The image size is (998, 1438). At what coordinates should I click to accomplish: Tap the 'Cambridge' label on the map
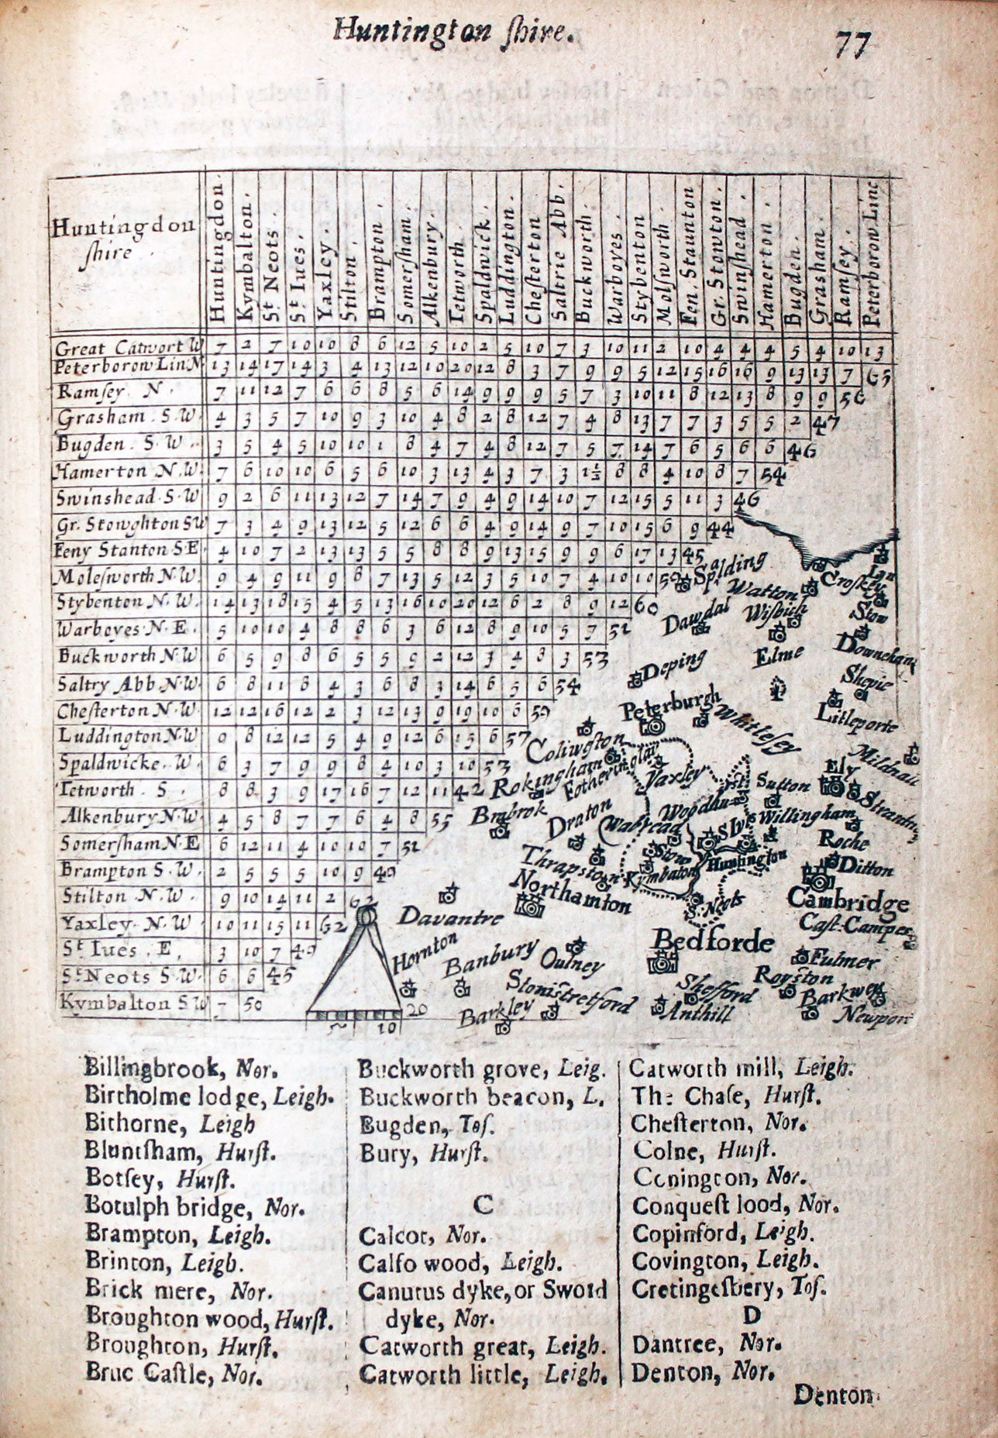coord(848,901)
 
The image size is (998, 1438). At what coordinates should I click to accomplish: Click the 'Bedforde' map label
coord(714,941)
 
